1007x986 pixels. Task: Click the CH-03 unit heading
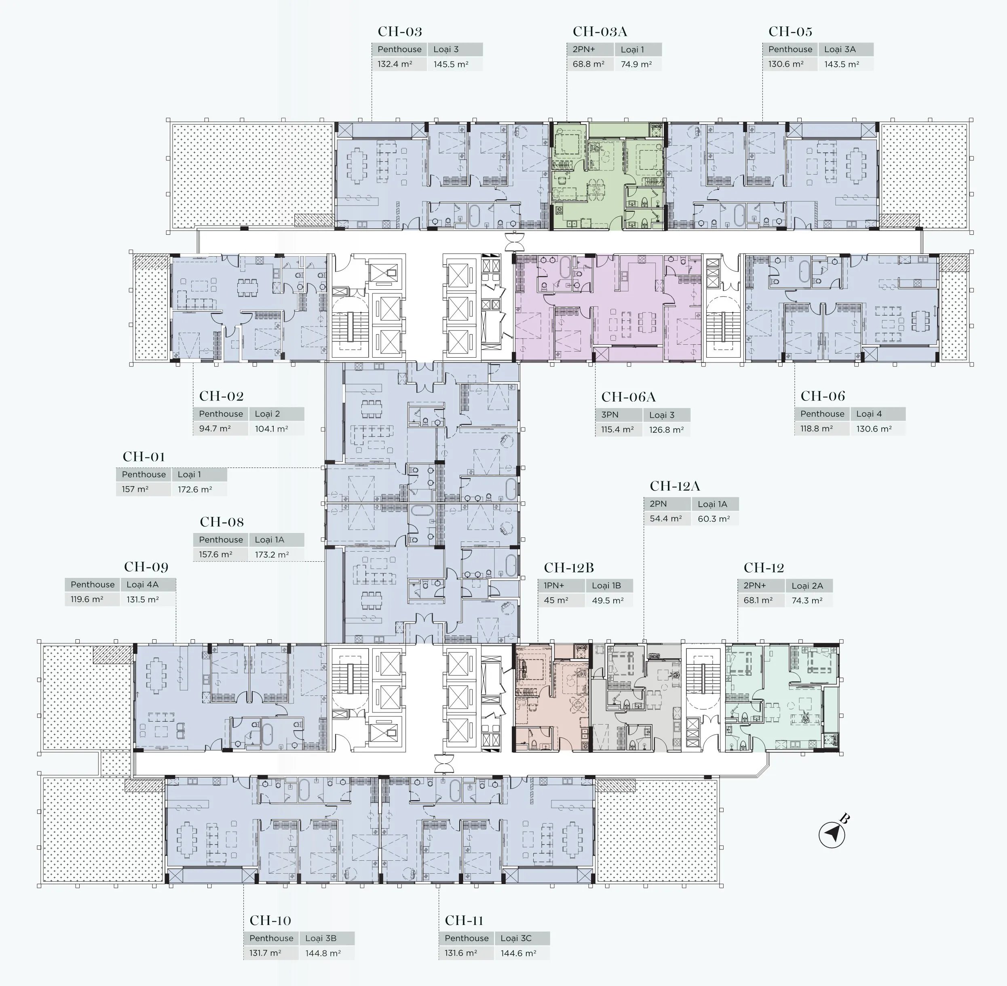tap(400, 32)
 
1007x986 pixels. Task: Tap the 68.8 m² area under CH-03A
tap(589, 64)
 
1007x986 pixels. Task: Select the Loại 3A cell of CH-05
tap(840, 49)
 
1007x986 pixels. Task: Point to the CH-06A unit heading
tap(628, 397)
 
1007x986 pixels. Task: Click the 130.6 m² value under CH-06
tap(874, 429)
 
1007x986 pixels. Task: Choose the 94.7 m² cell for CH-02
tap(215, 429)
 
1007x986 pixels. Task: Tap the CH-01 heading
tap(144, 457)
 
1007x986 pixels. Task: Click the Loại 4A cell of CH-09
tap(142, 585)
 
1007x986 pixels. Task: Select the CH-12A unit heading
tap(675, 486)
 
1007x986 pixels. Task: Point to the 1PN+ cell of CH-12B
tap(554, 586)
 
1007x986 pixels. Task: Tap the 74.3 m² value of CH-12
tap(807, 601)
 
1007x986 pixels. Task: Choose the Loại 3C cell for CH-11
tap(516, 938)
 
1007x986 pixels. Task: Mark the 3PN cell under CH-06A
tap(610, 415)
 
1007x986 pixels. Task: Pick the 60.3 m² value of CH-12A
tap(714, 519)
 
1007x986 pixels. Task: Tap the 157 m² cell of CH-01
tap(135, 489)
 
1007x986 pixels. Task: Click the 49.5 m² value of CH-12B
tap(608, 601)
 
